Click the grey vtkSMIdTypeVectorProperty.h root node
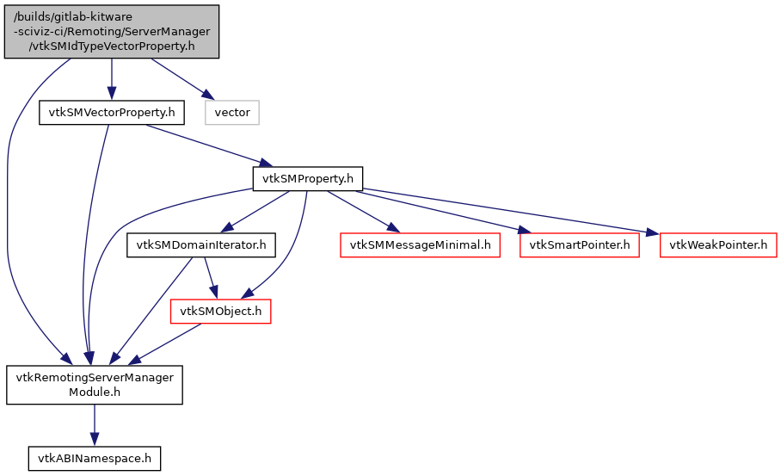point(111,32)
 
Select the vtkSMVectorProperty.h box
point(111,113)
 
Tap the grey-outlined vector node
point(231,113)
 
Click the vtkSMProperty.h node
point(307,179)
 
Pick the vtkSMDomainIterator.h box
point(201,245)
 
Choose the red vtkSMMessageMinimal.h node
point(420,245)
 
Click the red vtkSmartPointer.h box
point(579,245)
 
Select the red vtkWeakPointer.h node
point(718,245)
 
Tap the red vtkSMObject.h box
point(221,311)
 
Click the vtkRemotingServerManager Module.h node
point(95,385)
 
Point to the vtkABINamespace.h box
point(95,459)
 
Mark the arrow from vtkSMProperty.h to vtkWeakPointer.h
point(507,211)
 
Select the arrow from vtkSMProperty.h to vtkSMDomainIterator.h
point(255,212)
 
